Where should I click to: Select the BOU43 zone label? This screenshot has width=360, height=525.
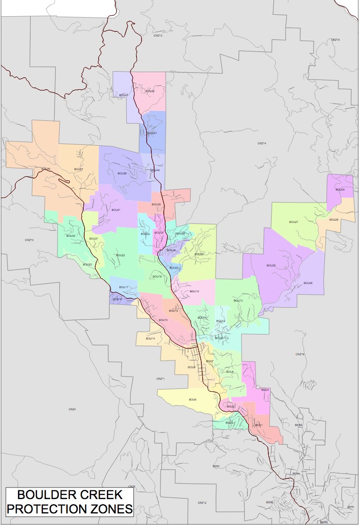coord(123,95)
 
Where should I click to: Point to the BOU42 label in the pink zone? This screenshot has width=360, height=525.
coord(149,91)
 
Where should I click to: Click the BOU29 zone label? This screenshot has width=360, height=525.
coord(340,190)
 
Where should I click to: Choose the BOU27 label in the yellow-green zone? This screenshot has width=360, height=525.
coord(293,222)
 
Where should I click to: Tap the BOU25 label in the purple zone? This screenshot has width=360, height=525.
coord(271,266)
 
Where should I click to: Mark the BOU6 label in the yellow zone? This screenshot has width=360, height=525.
coord(192,399)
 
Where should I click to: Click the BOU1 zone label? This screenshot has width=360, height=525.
coord(259,425)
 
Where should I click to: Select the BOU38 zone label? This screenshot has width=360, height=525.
coord(122,173)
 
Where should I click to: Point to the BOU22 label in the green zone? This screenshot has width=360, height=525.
coord(120,255)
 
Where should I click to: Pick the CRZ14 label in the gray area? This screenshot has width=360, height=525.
coord(262,143)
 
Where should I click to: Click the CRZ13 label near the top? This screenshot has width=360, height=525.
coord(158,36)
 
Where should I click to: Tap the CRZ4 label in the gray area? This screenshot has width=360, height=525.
coord(72,409)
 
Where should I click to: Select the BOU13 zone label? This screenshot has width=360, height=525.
coord(238,301)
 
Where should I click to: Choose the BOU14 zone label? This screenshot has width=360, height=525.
coord(150,338)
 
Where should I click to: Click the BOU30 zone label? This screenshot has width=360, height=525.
coord(71,236)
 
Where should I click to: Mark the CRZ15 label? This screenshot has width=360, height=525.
coord(335,40)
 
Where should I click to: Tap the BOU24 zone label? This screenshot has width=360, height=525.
coord(199,254)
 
